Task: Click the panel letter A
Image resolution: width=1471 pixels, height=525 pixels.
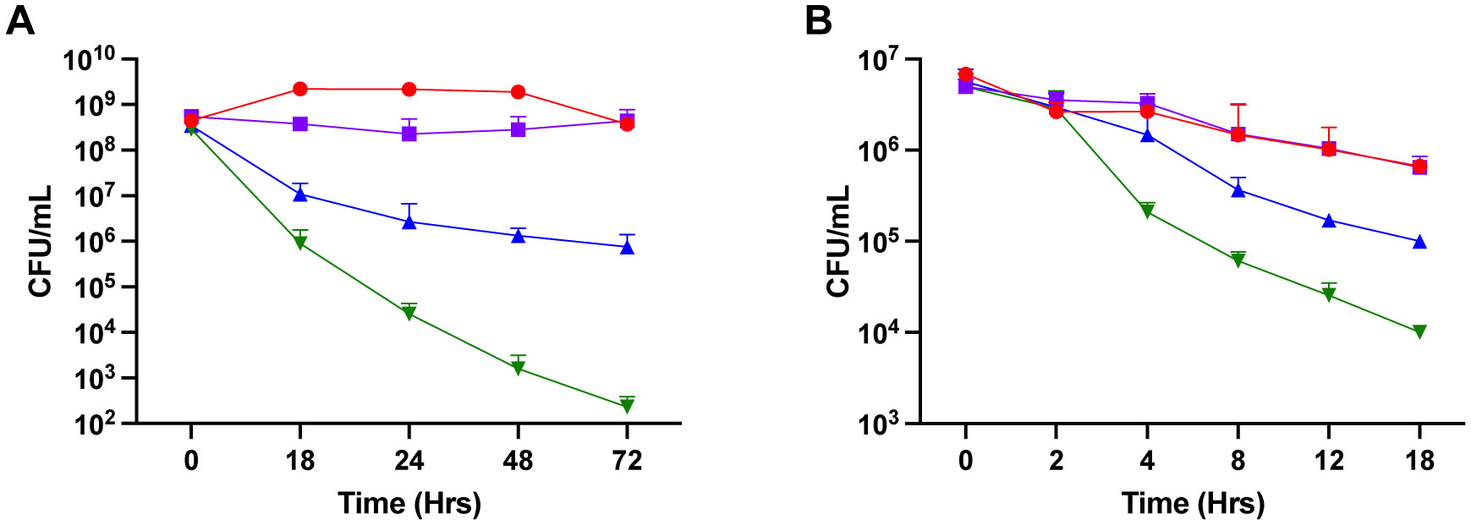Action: tap(20, 20)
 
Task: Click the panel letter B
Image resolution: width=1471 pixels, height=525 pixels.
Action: tap(818, 20)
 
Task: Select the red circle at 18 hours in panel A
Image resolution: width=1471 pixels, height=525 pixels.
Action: tap(300, 89)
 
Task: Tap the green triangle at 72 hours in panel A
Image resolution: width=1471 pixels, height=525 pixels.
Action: tap(627, 406)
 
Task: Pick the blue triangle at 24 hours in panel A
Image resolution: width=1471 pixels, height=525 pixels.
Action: tap(409, 222)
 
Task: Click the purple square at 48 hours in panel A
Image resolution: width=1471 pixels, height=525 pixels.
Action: tap(518, 129)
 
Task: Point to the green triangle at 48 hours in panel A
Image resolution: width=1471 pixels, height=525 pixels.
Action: tap(518, 369)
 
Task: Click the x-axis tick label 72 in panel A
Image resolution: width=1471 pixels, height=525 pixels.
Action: tap(627, 461)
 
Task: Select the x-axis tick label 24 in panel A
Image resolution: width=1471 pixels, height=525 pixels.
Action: tap(409, 461)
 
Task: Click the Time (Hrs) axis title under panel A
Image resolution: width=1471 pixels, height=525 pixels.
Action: tap(409, 504)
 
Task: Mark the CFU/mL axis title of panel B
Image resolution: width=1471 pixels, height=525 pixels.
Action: tap(838, 242)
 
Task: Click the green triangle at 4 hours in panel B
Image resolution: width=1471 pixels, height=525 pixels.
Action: tap(1147, 211)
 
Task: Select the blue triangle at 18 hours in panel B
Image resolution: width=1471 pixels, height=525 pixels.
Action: tap(1419, 242)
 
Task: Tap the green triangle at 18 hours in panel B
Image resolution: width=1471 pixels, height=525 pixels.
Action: tap(1419, 331)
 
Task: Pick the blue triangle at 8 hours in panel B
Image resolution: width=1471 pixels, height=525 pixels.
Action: tap(1238, 190)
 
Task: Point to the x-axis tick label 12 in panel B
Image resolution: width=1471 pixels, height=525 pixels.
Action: tap(1329, 461)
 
